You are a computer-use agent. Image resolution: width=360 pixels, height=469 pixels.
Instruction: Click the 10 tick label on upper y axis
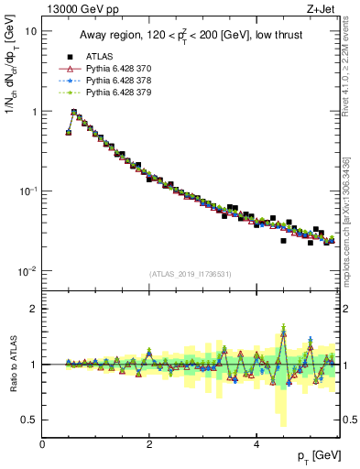[x=30, y=30]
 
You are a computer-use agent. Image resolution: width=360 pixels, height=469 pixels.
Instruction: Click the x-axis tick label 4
[x=256, y=443]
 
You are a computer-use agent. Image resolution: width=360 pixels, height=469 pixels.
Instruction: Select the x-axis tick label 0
[x=43, y=443]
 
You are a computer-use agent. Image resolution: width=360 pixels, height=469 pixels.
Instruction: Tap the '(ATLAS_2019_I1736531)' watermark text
[x=191, y=274]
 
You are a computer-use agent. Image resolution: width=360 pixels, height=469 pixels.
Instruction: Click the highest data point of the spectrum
[x=74, y=112]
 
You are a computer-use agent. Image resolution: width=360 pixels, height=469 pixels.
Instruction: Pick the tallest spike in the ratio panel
[x=284, y=327]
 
